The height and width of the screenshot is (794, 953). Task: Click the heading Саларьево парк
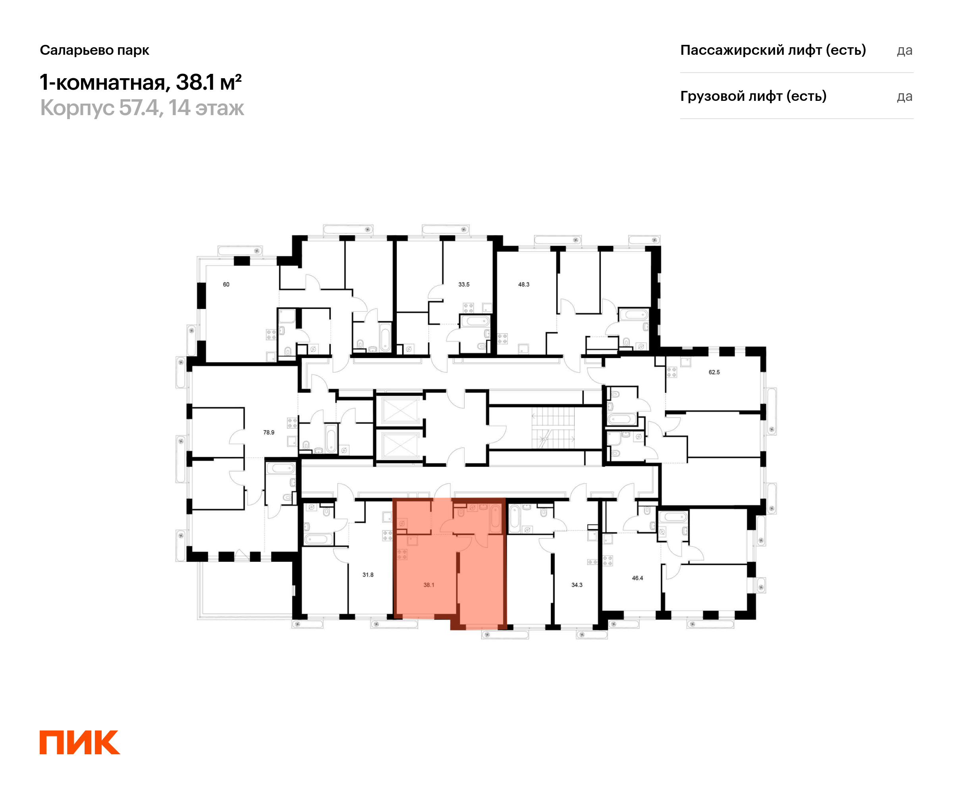point(95,50)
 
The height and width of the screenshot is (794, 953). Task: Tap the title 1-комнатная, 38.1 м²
point(141,82)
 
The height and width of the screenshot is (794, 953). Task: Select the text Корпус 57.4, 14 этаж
point(142,108)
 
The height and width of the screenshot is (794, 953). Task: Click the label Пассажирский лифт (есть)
point(773,50)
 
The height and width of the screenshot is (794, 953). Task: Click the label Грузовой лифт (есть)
point(753,96)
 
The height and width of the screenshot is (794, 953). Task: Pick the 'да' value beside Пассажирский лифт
point(905,50)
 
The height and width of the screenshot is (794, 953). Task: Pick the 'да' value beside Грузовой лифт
point(905,96)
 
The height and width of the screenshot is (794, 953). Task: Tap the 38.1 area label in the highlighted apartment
point(429,585)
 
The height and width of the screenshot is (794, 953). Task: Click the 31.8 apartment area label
point(368,575)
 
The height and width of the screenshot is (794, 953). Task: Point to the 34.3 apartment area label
point(577,585)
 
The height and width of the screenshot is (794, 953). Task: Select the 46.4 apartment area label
point(638,578)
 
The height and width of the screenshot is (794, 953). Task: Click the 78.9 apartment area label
point(269,432)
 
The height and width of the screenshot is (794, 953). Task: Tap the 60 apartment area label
point(226,285)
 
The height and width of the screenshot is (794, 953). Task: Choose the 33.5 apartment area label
point(464,285)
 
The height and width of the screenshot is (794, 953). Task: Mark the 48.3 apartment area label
point(524,285)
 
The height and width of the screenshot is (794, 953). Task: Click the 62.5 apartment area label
point(714,372)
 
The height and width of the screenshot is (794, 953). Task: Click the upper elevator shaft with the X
point(399,410)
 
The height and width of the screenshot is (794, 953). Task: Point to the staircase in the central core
point(554,428)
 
